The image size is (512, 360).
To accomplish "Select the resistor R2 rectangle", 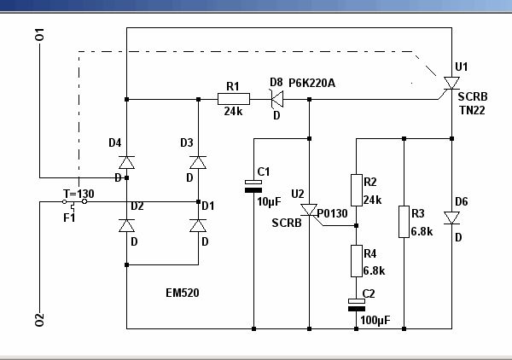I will pos(358,189).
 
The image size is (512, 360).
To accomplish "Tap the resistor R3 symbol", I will pos(403,222).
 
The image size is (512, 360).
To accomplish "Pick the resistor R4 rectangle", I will pos(358,261).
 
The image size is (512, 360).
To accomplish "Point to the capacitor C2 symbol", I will pos(358,304).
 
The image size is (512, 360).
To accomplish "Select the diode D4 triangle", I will pos(126,162).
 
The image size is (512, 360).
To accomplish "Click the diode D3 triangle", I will pos(198,162).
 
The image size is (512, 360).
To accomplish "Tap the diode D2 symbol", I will pos(126,225).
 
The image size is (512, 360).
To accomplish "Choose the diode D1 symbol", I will pos(198,225).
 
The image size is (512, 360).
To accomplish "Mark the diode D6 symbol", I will pos(451,218).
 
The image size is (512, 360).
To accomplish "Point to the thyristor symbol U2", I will pos(309,210).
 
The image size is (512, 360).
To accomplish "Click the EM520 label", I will pos(183,293).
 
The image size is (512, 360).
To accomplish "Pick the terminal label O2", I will pos(39,320).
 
